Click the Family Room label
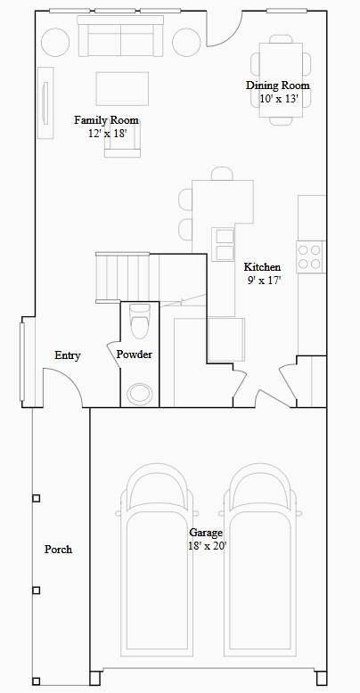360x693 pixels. point(106,119)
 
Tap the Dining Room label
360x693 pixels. point(278,86)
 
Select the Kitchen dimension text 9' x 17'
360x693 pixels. point(263,281)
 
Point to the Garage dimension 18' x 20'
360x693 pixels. point(207,546)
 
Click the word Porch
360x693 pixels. point(58,550)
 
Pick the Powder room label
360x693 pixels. point(135,355)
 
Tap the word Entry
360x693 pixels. point(67,355)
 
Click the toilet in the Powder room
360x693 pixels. point(140,320)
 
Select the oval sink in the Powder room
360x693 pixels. point(140,393)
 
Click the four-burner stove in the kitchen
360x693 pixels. point(310,257)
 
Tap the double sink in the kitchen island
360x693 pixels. point(223,244)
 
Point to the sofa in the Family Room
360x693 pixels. point(120,37)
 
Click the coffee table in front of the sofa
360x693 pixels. point(122,88)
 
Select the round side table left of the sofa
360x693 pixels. point(55,43)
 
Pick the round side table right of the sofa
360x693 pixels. point(186,43)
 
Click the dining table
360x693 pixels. point(281,79)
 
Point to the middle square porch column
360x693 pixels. point(37,590)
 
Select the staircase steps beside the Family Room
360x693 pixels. point(122,278)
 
